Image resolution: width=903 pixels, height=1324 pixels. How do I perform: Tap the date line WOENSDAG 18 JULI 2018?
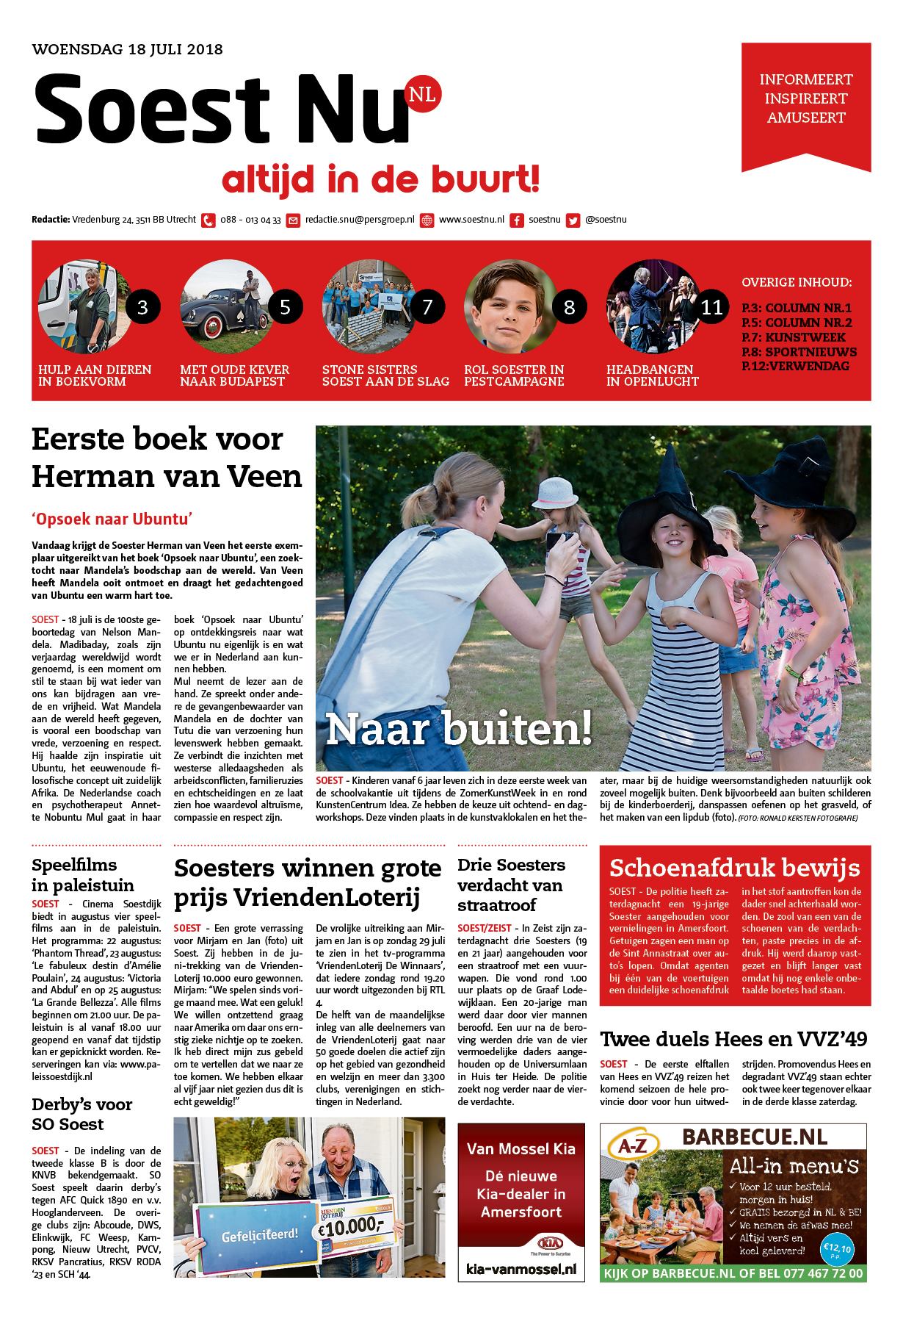click(128, 50)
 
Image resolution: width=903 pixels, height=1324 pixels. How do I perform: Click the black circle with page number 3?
click(143, 306)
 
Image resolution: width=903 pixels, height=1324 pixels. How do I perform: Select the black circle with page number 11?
click(711, 306)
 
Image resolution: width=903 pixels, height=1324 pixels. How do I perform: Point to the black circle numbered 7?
click(427, 306)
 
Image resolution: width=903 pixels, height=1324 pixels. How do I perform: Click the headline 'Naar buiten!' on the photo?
click(458, 727)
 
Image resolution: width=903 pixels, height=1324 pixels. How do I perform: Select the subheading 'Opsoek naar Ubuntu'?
click(112, 519)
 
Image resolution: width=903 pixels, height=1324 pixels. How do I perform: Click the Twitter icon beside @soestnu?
click(573, 220)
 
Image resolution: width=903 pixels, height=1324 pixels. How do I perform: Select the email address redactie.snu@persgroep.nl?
click(360, 220)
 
